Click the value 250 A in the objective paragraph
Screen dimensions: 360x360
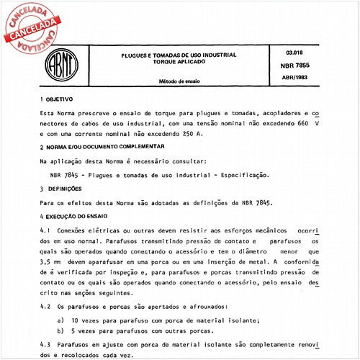coord(192,133)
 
